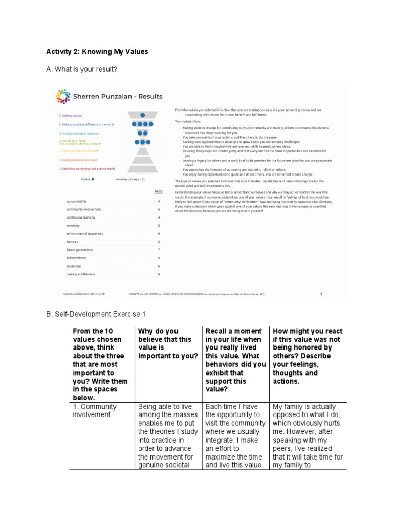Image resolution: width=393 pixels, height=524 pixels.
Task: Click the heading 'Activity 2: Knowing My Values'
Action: click(x=97, y=52)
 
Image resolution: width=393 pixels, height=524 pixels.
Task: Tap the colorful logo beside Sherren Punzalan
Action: click(x=63, y=96)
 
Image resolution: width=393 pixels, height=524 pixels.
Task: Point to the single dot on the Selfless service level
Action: click(x=142, y=115)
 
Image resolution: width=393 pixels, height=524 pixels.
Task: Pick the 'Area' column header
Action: click(x=158, y=191)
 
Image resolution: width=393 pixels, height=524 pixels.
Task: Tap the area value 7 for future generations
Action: click(x=159, y=250)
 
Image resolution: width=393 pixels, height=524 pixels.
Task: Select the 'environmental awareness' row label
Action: click(x=84, y=233)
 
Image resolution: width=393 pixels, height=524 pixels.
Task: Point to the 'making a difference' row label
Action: click(x=80, y=274)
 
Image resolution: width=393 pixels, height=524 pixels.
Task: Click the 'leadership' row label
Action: click(x=74, y=266)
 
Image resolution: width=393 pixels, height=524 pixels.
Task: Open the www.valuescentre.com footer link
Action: click(x=84, y=294)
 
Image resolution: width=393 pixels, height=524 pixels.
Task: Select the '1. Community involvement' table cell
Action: click(x=95, y=410)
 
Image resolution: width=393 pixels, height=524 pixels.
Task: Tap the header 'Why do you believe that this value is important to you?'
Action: click(x=167, y=347)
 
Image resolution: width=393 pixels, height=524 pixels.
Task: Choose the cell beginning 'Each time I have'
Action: click(x=235, y=435)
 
